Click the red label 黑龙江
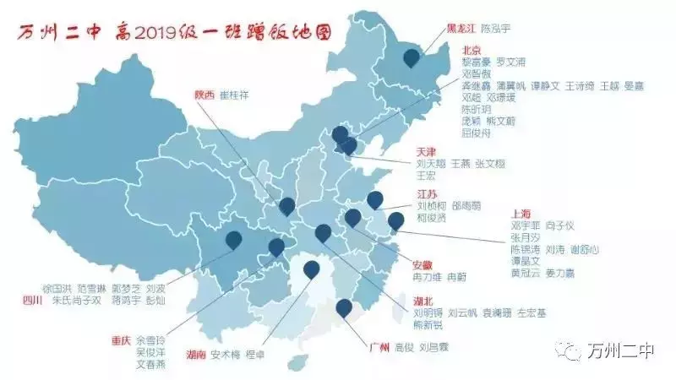[461, 28]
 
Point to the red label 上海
[522, 214]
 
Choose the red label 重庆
[121, 340]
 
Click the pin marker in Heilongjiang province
[412, 57]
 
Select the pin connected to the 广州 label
[343, 307]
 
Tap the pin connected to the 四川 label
[234, 240]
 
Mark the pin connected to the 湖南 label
[312, 269]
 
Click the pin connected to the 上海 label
[395, 220]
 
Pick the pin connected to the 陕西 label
[287, 205]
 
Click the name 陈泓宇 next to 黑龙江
[496, 28]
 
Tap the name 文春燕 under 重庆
[151, 364]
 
